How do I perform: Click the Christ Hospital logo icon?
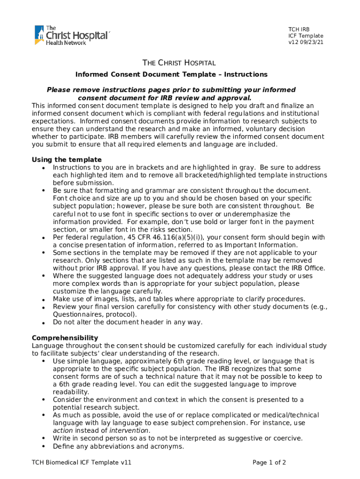(39, 35)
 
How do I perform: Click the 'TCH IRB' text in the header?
(298, 29)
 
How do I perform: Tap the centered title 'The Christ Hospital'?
(179, 63)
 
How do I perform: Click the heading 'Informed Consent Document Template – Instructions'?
(172, 74)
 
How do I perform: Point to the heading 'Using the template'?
(66, 160)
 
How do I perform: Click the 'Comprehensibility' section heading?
(65, 338)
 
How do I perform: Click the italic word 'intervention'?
(130, 430)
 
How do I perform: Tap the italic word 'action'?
(63, 430)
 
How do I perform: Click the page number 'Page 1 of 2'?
(269, 463)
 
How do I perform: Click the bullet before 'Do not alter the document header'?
(43, 323)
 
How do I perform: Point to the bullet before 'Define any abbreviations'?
(43, 447)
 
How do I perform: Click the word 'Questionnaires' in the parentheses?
(75, 314)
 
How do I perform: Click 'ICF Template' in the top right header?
(305, 36)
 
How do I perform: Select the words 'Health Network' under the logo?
(66, 43)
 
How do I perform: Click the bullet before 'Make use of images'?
(43, 299)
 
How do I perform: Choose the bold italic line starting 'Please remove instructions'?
(171, 89)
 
